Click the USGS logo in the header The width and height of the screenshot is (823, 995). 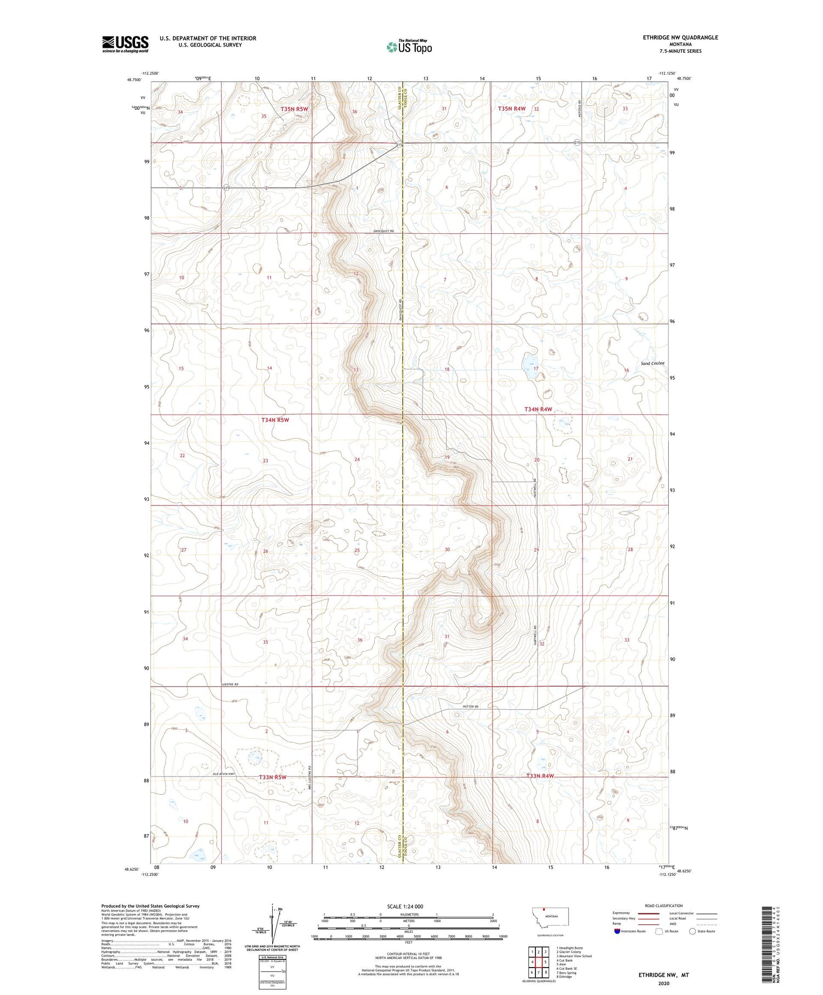click(125, 44)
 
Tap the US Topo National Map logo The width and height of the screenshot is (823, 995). click(409, 47)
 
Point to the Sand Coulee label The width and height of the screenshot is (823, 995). click(652, 363)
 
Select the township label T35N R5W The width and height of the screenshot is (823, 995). click(295, 109)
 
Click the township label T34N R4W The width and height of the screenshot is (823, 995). click(538, 409)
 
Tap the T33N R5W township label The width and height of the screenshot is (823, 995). click(273, 777)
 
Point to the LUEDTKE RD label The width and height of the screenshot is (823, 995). click(229, 685)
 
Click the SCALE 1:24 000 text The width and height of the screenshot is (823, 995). click(405, 907)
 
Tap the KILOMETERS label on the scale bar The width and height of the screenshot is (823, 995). click(408, 914)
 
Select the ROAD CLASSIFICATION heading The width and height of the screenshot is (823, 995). click(664, 906)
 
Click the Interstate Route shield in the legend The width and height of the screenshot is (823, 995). click(618, 931)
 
